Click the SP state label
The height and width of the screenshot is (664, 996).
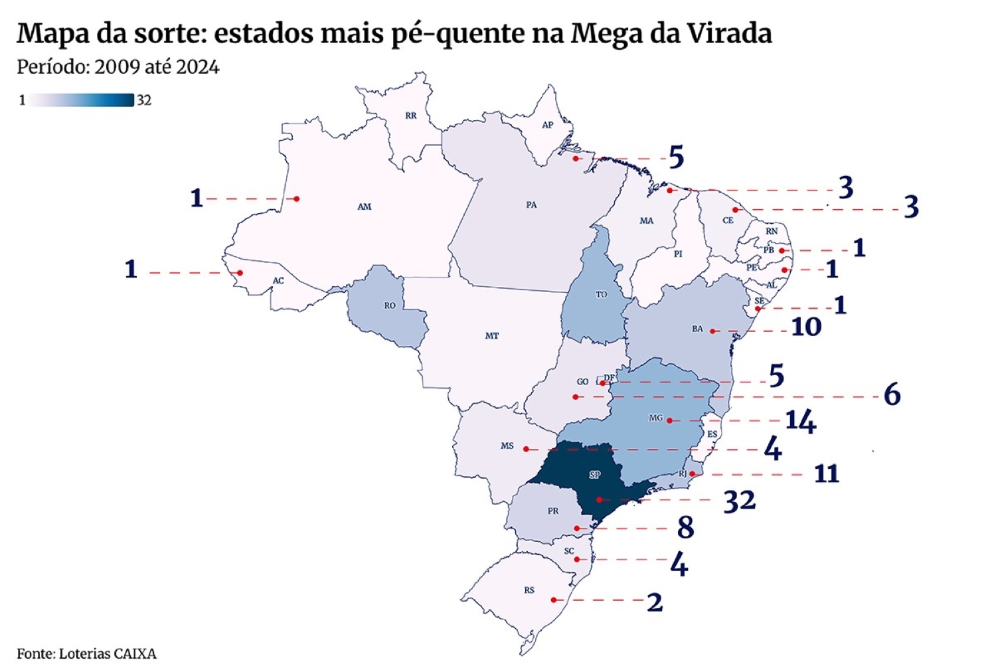[595, 475]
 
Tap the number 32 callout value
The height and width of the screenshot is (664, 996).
[739, 501]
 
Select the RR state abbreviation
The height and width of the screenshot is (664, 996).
[411, 116]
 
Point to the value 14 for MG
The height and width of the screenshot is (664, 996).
[800, 421]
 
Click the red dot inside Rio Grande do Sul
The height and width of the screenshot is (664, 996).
[554, 600]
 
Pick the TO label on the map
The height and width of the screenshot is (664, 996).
[601, 294]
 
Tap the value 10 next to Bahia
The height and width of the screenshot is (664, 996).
[806, 327]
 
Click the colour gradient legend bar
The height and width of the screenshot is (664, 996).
[80, 100]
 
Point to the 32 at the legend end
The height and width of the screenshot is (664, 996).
[144, 100]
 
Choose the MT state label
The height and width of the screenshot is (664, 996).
[491, 336]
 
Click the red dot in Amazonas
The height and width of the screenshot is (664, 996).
[297, 199]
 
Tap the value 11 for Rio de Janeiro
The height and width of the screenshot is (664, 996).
[827, 474]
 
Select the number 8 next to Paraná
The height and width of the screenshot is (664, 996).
[685, 528]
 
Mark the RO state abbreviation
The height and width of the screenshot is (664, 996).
[390, 305]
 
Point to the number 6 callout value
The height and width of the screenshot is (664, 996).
[892, 395]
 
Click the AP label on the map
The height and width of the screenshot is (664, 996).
[547, 125]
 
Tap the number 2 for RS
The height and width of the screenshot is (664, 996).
[655, 602]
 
